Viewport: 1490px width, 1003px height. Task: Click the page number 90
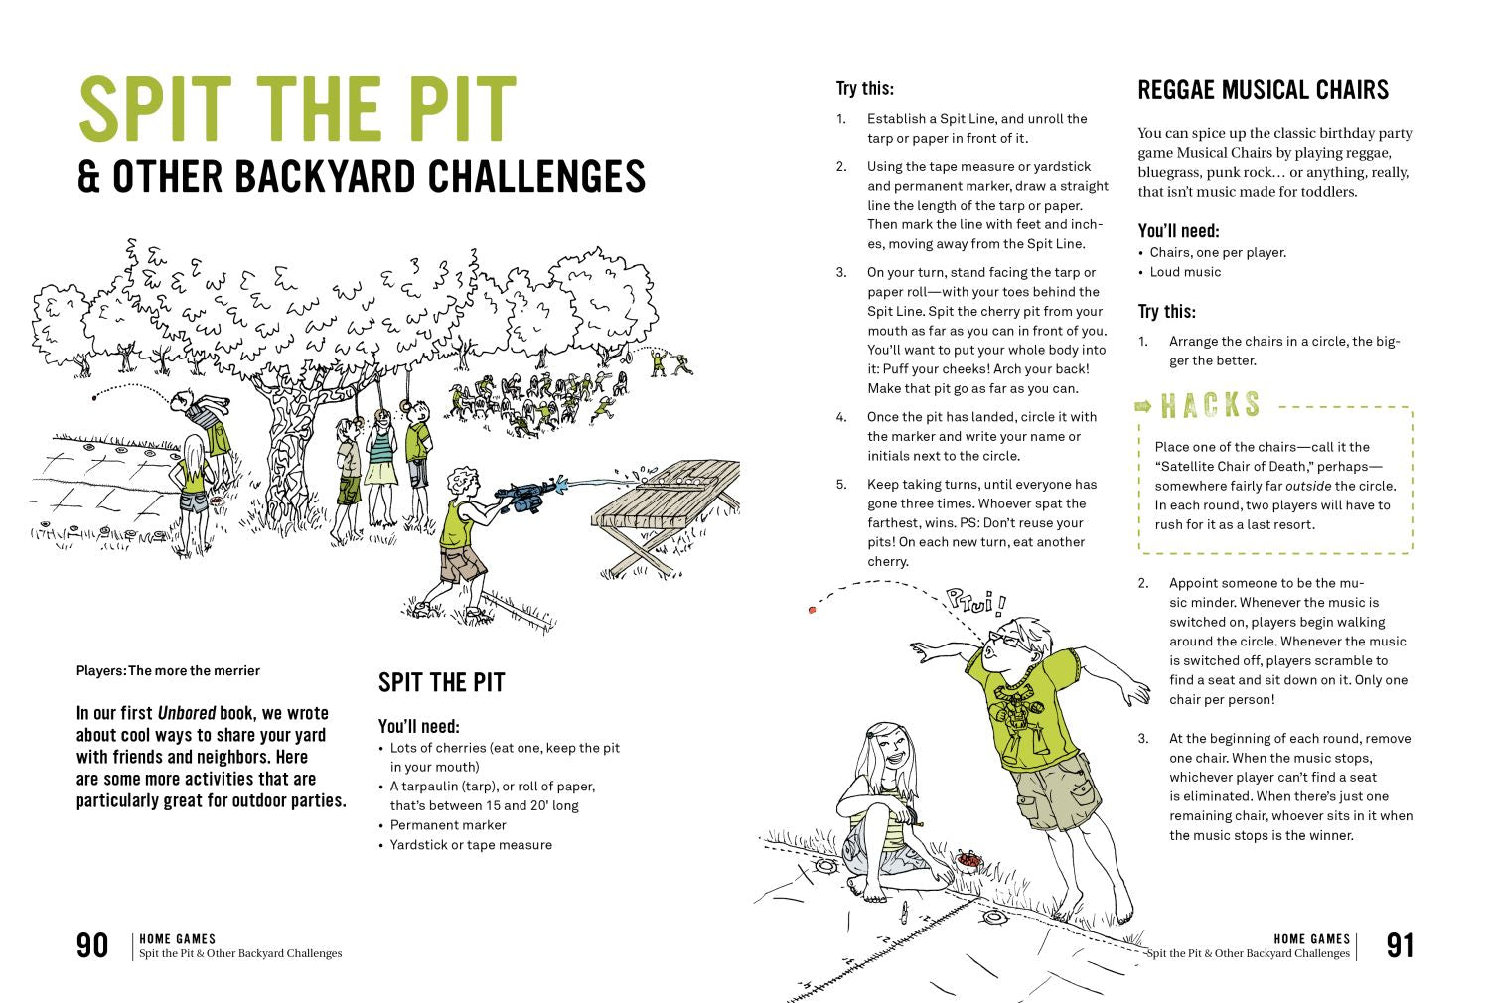(x=92, y=945)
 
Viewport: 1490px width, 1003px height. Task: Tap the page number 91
(x=1400, y=945)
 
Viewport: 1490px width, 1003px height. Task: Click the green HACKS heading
(x=1211, y=405)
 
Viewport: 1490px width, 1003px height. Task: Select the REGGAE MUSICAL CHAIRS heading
(x=1263, y=90)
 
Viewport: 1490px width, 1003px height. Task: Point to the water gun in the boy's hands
(x=521, y=494)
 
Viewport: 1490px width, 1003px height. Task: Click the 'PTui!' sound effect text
(x=975, y=601)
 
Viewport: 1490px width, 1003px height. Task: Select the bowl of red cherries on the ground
(x=968, y=858)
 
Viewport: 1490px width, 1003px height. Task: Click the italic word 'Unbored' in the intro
(x=187, y=713)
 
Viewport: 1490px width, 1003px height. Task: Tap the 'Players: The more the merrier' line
(x=168, y=670)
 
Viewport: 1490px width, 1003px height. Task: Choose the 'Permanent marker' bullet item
(x=448, y=825)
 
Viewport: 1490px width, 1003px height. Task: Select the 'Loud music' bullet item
(x=1185, y=272)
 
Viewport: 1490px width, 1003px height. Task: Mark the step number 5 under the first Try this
(x=841, y=485)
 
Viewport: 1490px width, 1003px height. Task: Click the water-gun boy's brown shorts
(x=463, y=566)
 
